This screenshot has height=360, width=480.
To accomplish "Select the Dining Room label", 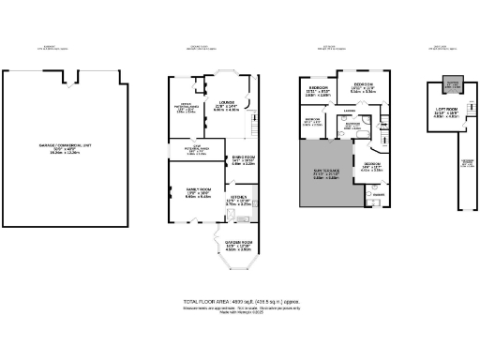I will tap(242, 160).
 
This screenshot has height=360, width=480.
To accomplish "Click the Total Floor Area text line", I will tap(239, 301).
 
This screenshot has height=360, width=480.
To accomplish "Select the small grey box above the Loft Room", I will tap(452, 82).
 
